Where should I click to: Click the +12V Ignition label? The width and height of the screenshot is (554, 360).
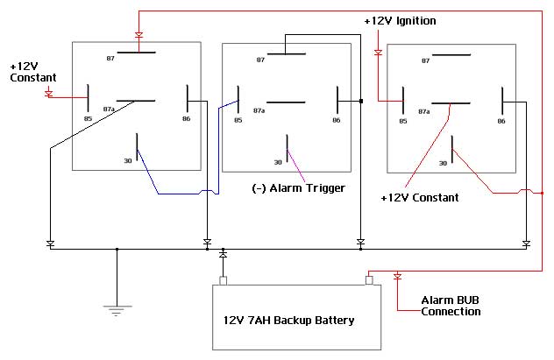[399, 20]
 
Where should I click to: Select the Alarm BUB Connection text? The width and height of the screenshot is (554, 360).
[451, 306]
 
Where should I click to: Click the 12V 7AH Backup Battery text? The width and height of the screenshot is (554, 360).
[283, 320]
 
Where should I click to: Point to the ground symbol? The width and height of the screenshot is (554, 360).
[116, 308]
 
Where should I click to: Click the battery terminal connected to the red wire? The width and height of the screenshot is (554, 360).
[369, 280]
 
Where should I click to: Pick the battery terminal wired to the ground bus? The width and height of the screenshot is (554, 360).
[223, 280]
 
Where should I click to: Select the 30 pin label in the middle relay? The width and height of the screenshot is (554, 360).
[279, 161]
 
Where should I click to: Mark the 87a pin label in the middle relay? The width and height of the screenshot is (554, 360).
[259, 111]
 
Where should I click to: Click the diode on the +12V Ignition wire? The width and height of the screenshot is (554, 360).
[378, 53]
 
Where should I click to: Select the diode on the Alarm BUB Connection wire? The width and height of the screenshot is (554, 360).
[397, 277]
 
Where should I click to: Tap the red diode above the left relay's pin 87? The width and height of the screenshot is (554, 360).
[138, 36]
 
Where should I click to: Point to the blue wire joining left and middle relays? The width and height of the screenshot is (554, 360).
[175, 194]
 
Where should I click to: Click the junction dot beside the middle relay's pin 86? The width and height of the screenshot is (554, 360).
[360, 102]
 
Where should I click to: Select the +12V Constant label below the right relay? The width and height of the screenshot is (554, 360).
[419, 198]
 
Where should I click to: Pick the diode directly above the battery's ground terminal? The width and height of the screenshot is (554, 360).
[223, 255]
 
